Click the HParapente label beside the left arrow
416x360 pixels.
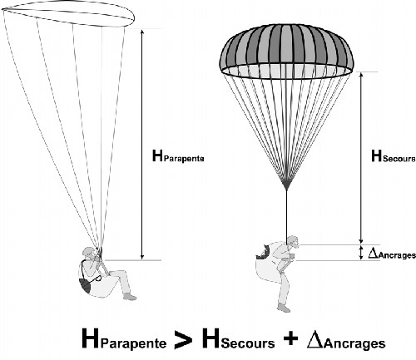pos(178,156)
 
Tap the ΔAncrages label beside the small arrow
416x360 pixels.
pos(392,254)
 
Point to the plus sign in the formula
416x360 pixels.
pos(291,338)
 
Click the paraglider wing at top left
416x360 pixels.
pos(68,14)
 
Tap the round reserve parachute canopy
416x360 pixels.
pos(286,52)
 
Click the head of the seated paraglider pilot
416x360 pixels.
pos(90,254)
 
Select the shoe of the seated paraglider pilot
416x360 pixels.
pos(130,297)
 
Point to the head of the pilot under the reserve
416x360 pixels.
pos(293,242)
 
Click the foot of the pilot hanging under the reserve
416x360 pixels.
pos(284,308)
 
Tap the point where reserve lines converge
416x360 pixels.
pos(286,189)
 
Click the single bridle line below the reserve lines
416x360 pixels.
pos(286,214)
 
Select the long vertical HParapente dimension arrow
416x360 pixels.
pos(142,145)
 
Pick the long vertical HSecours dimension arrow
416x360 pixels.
pos(361,158)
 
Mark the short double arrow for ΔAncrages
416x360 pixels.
pos(361,253)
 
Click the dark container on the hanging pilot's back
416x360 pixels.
pos(263,252)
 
